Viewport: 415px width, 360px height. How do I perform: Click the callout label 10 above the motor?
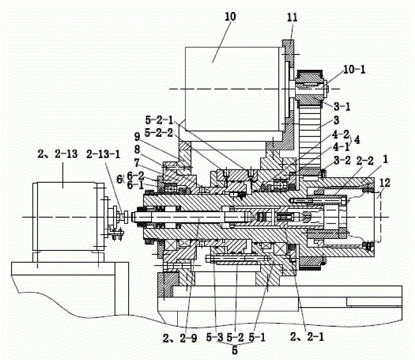[x=230, y=17]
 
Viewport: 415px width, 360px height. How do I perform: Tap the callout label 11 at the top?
[x=292, y=17]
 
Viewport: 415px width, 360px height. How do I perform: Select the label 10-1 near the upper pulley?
[x=354, y=69]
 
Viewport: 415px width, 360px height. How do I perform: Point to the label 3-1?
[x=342, y=106]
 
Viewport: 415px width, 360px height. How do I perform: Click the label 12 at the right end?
[x=384, y=182]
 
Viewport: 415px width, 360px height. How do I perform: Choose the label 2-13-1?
[x=103, y=154]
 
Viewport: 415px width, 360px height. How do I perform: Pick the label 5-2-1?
[x=159, y=120]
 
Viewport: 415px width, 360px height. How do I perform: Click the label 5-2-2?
[x=159, y=133]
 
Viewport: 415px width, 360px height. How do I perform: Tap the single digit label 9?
[x=137, y=136]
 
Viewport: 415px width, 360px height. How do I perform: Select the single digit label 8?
[x=137, y=149]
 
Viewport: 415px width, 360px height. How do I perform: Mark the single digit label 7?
[x=136, y=163]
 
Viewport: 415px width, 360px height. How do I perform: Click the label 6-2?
[x=135, y=176]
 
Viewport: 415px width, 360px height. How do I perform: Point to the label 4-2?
[x=341, y=135]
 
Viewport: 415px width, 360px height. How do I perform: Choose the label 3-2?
[x=342, y=160]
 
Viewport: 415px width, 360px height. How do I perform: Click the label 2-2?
[x=365, y=160]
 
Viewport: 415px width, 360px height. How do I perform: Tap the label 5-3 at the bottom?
[x=215, y=337]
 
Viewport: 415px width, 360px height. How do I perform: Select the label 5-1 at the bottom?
[x=257, y=337]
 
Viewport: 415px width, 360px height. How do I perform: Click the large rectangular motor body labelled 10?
[x=232, y=89]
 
